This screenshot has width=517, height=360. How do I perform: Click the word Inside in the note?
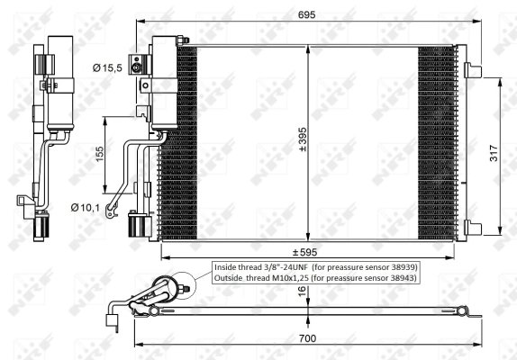228,267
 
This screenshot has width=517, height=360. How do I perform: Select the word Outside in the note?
231,279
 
